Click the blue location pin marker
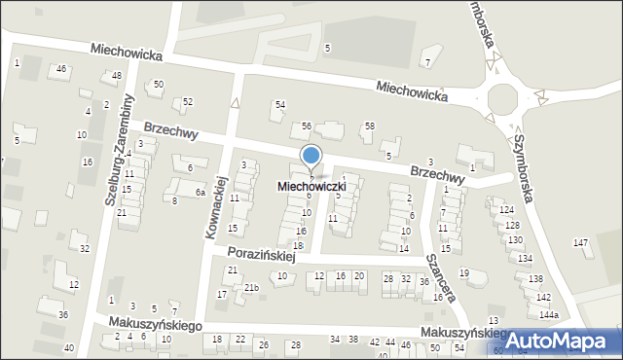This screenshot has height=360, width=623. [x=311, y=156]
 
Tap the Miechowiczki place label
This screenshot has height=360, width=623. [x=311, y=185]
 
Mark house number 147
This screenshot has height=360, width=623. [x=581, y=242]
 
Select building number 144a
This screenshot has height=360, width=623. [x=550, y=316]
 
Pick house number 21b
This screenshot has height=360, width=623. [x=251, y=288]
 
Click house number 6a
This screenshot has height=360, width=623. [x=200, y=193]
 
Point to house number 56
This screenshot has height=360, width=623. [x=306, y=126]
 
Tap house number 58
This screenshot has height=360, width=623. [x=369, y=126]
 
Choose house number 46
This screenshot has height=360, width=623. [x=61, y=68]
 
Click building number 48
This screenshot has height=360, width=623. [x=117, y=76]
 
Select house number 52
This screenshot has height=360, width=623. [x=188, y=101]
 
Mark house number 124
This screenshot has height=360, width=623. [x=506, y=210]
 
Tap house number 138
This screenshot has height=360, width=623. [x=535, y=279]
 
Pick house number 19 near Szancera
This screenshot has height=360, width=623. [x=464, y=272]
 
